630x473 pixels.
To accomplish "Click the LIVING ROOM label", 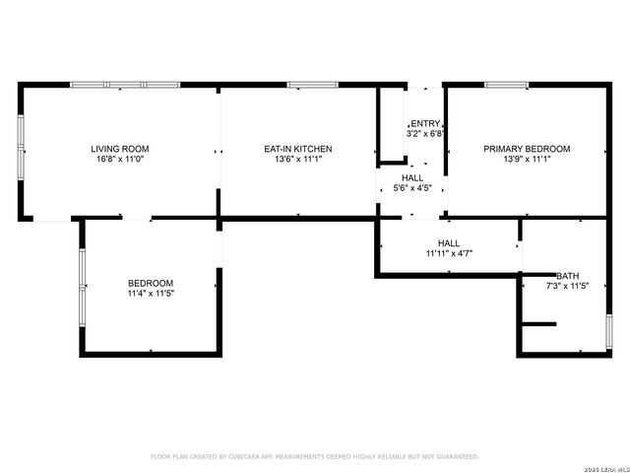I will point(120,149).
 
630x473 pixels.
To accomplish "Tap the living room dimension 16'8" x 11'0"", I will point(120,159).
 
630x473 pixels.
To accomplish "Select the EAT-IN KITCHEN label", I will point(297,149).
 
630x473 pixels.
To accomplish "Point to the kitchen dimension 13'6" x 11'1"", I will point(297,159).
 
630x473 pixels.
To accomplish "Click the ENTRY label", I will point(425,122).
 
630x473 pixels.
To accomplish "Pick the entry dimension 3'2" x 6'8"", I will point(425,132).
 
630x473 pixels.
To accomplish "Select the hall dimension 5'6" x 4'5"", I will point(412,188).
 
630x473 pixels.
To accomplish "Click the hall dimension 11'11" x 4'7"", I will point(449,253).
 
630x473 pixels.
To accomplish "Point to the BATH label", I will point(567,276).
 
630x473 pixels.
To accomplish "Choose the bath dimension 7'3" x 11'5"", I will point(567,286).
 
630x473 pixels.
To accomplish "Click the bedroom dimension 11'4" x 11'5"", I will point(150,293).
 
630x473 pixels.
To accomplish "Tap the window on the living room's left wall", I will point(21,148).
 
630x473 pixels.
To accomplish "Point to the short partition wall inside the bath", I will point(538,323).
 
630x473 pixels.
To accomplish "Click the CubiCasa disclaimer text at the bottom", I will point(314,456).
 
